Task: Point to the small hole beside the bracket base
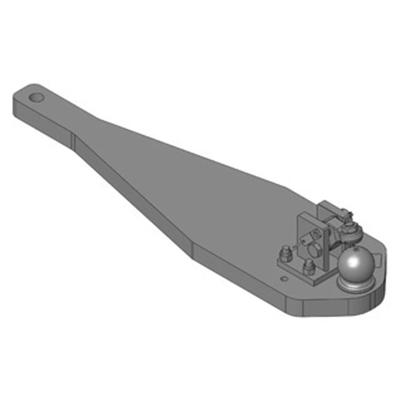[285, 277]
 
